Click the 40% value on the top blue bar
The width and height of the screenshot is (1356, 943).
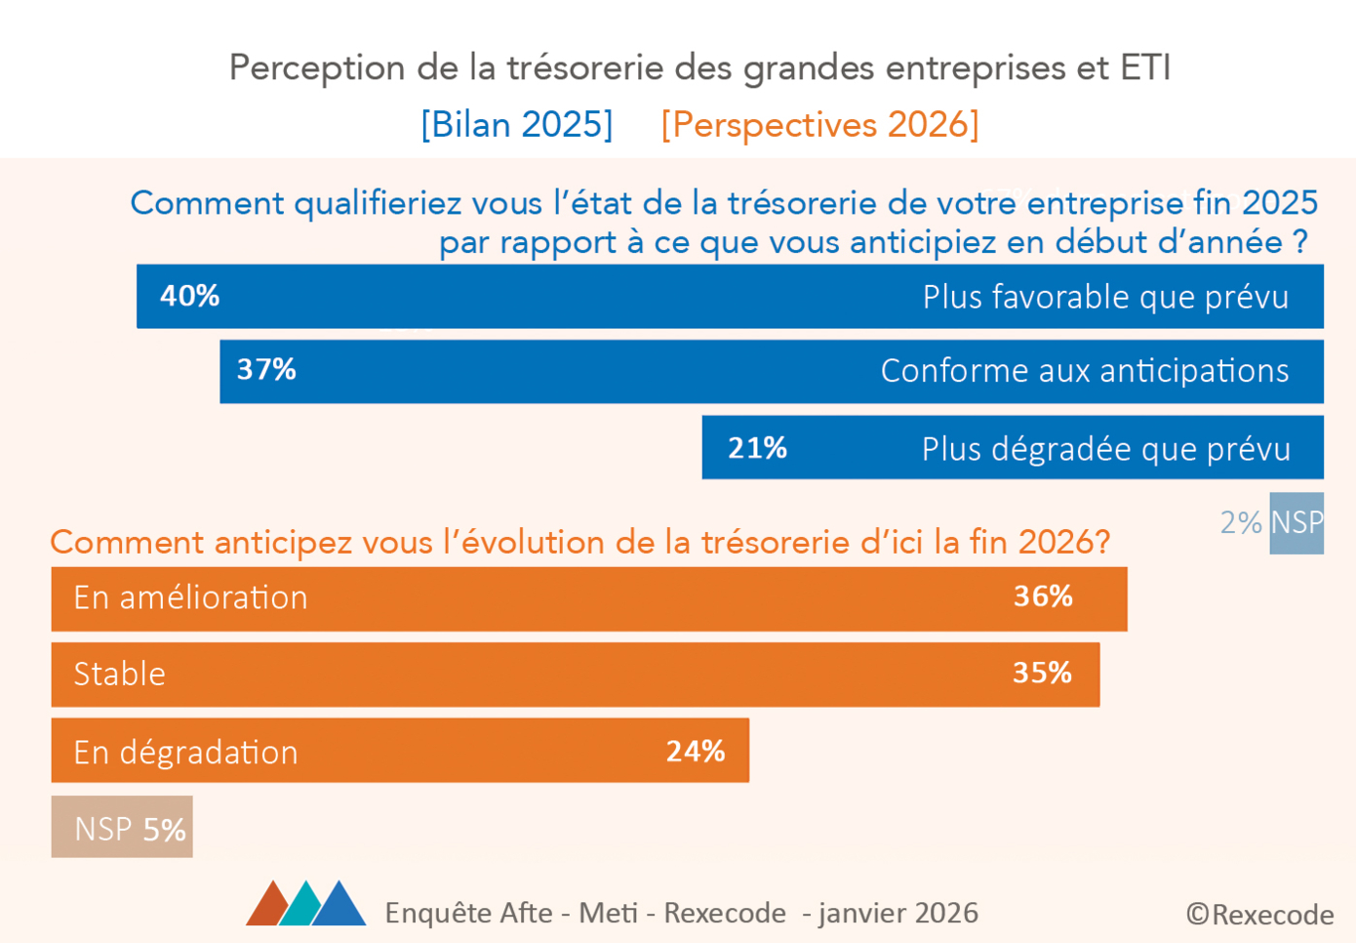pos(189,296)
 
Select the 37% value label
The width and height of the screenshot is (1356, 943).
pos(266,370)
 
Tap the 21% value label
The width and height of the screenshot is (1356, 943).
pos(757,448)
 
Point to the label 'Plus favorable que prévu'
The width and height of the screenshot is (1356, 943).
pos(1105,297)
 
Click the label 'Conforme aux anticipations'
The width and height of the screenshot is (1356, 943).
pos(1084,371)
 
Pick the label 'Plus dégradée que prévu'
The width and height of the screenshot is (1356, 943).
pos(1105,449)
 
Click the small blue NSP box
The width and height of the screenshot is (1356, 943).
pos(1296,523)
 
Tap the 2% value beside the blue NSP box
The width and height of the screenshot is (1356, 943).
pos(1241,523)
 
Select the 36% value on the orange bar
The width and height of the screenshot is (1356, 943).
pos(1043,596)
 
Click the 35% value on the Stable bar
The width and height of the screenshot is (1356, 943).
pos(1042,673)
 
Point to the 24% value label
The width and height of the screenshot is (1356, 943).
pos(695,751)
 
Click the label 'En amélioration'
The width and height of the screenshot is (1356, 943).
pos(190,597)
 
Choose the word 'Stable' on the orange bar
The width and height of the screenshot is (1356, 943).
pos(119,674)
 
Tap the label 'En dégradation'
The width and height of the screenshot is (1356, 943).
pos(185,752)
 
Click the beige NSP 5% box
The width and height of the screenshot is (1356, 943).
pos(122,828)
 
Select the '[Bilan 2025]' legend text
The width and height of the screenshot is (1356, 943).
pos(516,125)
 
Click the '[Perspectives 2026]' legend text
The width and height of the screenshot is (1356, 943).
pos(819,125)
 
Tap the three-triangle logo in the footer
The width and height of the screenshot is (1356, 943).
pos(305,904)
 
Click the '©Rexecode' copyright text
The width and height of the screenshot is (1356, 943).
pos(1259,915)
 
